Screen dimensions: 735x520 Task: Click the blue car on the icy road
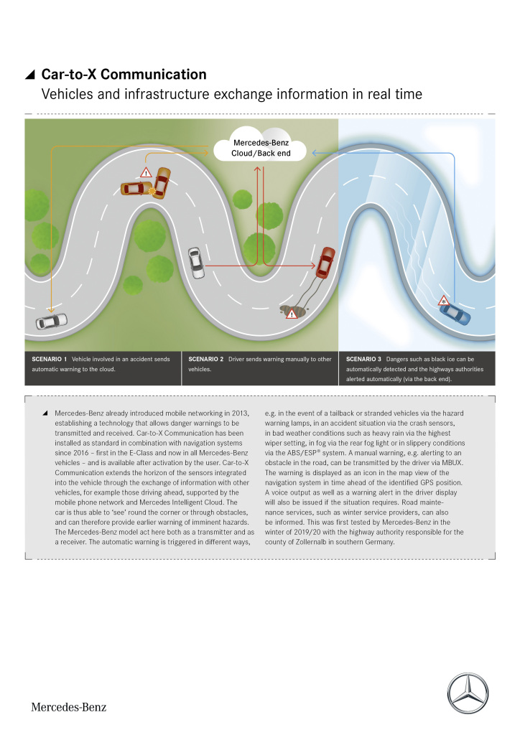coord(454,314)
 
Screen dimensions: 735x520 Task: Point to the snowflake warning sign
coord(444,299)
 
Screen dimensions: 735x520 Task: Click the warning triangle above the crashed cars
coord(146,172)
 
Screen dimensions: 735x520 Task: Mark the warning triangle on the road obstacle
coord(292,314)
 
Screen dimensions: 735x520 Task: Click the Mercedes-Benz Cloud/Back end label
coord(260,149)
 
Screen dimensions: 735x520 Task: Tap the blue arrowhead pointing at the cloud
coord(314,152)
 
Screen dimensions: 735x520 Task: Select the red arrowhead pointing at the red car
coord(333,267)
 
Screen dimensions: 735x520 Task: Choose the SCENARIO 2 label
coord(206,358)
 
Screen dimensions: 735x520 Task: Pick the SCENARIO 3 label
coord(363,358)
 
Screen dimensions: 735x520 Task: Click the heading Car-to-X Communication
coord(124,75)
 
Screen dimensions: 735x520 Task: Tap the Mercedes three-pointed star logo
coord(468,693)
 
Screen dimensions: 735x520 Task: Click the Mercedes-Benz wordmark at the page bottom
coord(68,707)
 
